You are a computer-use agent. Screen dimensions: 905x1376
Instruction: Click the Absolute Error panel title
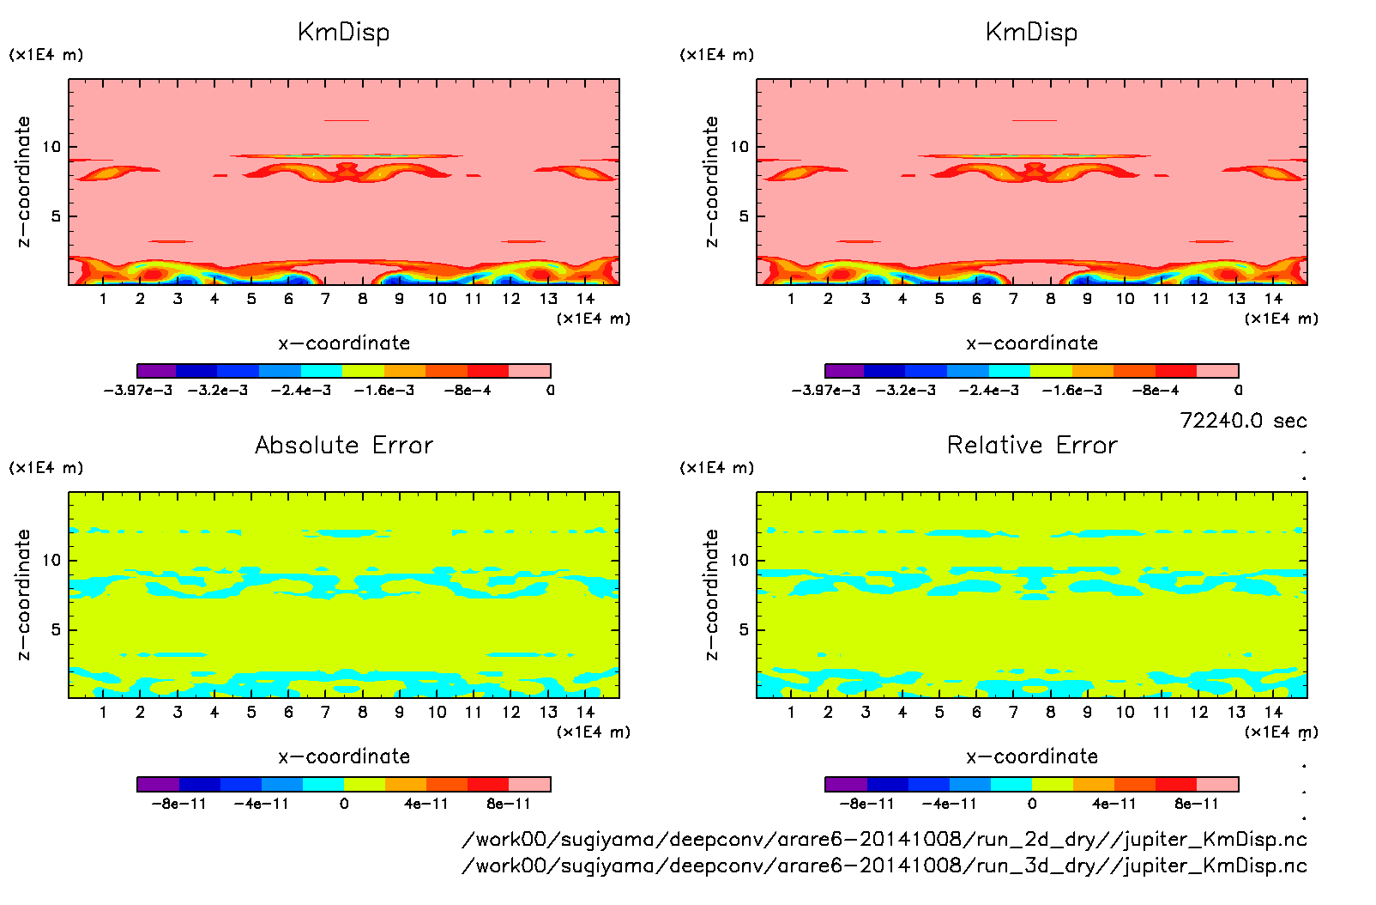coord(344,445)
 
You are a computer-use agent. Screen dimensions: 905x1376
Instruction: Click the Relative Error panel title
coord(1032,445)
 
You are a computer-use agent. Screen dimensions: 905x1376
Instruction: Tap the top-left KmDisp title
coord(343,32)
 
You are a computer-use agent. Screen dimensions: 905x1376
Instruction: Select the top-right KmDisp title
coord(1031,32)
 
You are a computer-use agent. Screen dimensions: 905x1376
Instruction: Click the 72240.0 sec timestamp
coord(1243,421)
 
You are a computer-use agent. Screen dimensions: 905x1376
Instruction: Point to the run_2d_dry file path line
coord(884,839)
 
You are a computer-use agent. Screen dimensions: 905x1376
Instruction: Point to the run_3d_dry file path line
coord(884,865)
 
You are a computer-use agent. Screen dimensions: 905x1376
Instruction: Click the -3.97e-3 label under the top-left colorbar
coord(138,390)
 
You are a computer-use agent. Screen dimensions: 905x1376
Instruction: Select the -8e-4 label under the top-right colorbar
coord(1156,390)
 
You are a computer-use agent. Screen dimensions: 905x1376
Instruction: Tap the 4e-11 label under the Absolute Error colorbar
coord(426,804)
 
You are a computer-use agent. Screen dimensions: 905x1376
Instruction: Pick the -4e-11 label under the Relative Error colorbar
coord(950,804)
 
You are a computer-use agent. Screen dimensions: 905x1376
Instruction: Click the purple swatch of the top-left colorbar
coord(157,371)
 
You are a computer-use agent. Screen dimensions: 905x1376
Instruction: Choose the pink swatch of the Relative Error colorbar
coord(1217,784)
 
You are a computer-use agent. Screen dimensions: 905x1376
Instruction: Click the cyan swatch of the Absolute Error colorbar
coord(323,784)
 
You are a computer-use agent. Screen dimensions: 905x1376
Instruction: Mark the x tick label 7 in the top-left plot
coord(325,299)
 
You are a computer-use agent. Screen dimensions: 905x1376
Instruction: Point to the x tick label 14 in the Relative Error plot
coord(1273,712)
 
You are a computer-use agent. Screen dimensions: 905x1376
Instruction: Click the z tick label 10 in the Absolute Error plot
coord(52,560)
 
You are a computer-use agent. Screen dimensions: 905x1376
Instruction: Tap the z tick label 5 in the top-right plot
coord(744,216)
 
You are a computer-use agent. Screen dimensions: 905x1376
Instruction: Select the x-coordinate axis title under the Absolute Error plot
coord(344,756)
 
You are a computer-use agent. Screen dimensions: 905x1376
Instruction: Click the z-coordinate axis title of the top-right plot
coord(712,181)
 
